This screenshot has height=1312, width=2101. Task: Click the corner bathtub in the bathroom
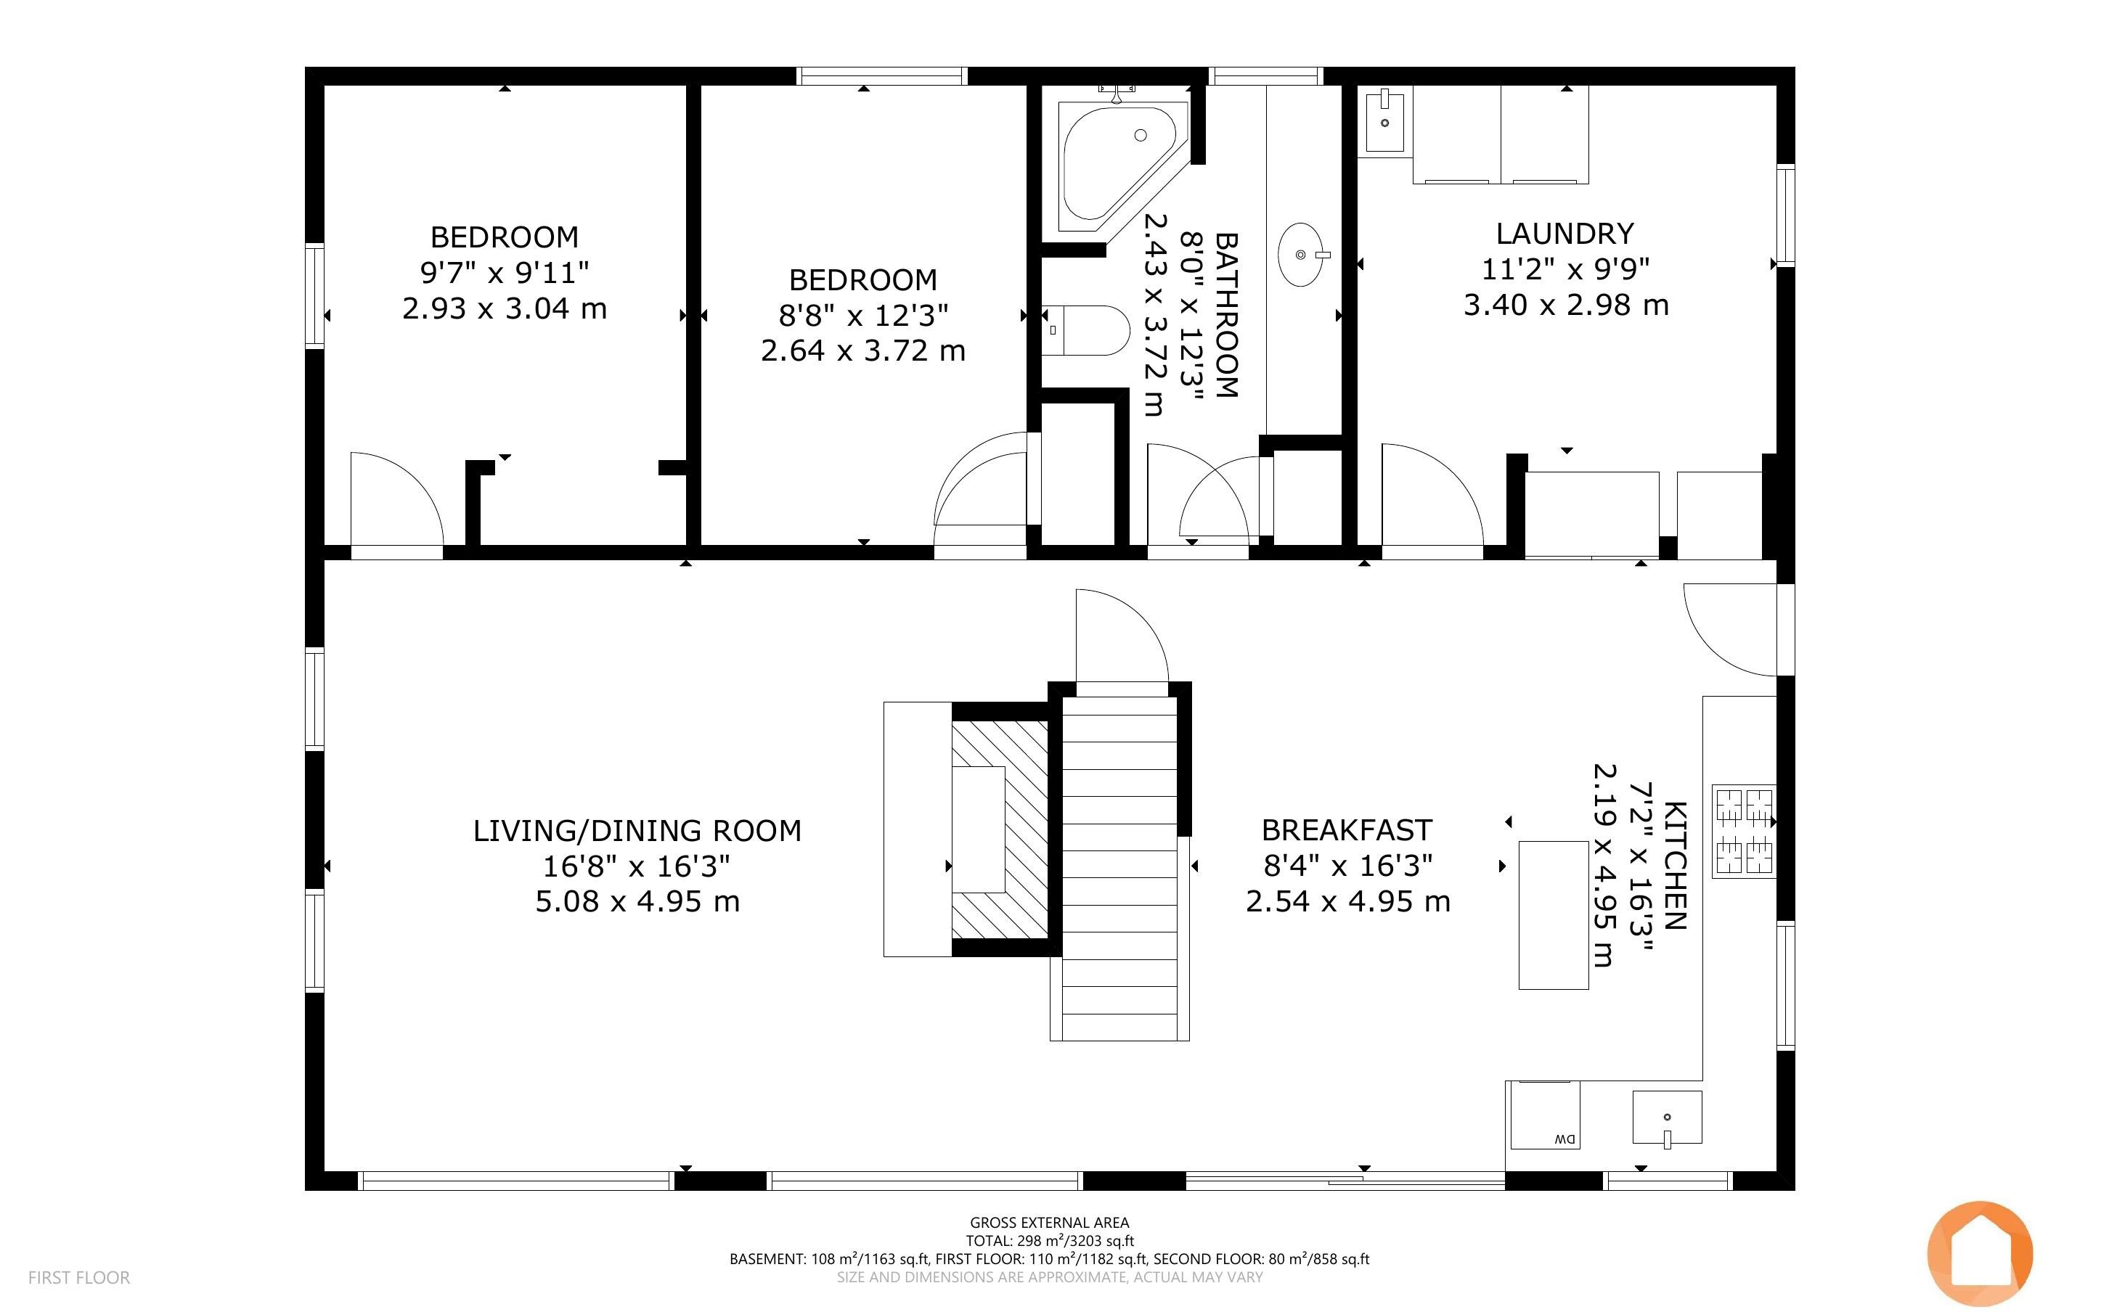tap(1119, 165)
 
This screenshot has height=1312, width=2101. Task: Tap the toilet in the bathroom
tap(1085, 331)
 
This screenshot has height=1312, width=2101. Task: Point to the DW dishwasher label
tap(1564, 1139)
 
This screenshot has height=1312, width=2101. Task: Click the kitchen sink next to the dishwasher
tap(1666, 1118)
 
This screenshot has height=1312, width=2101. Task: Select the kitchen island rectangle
tap(1554, 914)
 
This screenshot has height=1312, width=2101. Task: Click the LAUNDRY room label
tap(1564, 234)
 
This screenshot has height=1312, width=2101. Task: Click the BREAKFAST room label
tap(1346, 830)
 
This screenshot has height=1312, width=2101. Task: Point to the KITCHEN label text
tap(1675, 865)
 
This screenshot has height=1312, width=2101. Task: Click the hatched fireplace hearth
tap(1000, 830)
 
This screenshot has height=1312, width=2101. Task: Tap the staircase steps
tap(1119, 868)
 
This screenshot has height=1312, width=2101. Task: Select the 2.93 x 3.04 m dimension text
tap(505, 309)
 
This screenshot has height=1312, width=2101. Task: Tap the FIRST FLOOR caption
tap(79, 1277)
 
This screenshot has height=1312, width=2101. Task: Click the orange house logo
tap(1980, 1254)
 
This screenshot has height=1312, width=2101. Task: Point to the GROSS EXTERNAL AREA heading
tap(1049, 1223)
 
